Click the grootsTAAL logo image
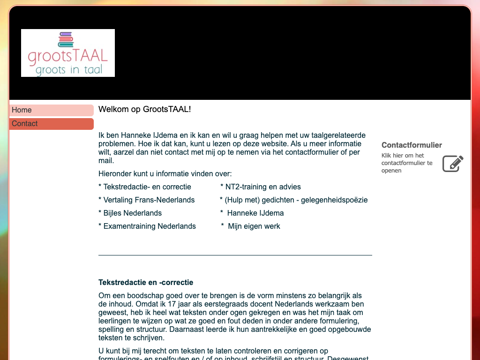[x=68, y=53]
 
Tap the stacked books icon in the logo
[x=66, y=39]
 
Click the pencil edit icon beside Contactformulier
[x=453, y=164]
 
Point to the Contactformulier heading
[x=412, y=145]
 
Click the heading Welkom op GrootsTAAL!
[x=144, y=109]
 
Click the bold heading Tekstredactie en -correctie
[x=146, y=282]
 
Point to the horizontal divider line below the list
[x=235, y=255]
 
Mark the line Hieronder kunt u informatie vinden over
[x=165, y=173]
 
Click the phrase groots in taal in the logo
[x=68, y=70]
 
